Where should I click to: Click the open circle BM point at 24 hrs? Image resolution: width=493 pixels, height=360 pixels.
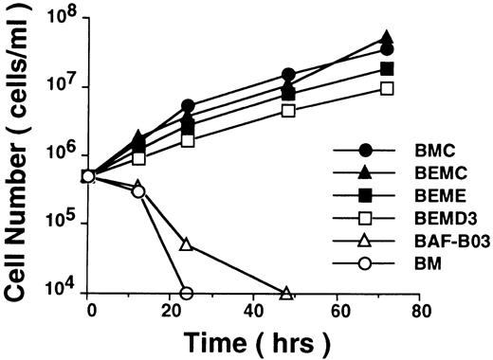[187, 293]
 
